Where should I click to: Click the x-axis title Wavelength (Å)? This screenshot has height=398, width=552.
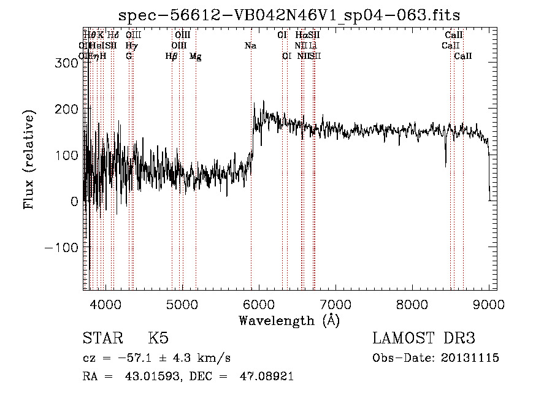(289, 320)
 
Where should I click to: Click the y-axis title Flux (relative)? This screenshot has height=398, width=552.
(29, 159)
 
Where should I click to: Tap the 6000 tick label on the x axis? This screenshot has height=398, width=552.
(258, 304)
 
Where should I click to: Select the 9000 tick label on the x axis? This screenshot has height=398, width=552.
(488, 304)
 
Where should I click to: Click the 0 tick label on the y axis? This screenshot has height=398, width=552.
(74, 201)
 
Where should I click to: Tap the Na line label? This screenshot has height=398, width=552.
(250, 45)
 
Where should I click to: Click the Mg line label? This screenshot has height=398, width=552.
(195, 56)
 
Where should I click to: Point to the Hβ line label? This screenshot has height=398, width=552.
(172, 56)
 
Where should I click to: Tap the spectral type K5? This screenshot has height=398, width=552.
(158, 339)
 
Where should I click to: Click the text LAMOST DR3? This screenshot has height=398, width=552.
(424, 339)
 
